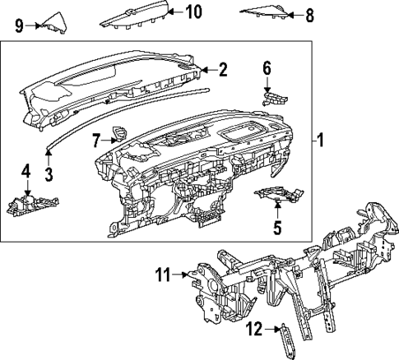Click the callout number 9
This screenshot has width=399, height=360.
20,25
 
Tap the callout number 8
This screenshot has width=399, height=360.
309,15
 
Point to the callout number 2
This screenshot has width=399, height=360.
222,71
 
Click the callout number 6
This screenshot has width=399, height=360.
267,67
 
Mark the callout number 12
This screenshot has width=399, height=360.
255,330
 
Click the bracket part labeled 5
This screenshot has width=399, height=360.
276,196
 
